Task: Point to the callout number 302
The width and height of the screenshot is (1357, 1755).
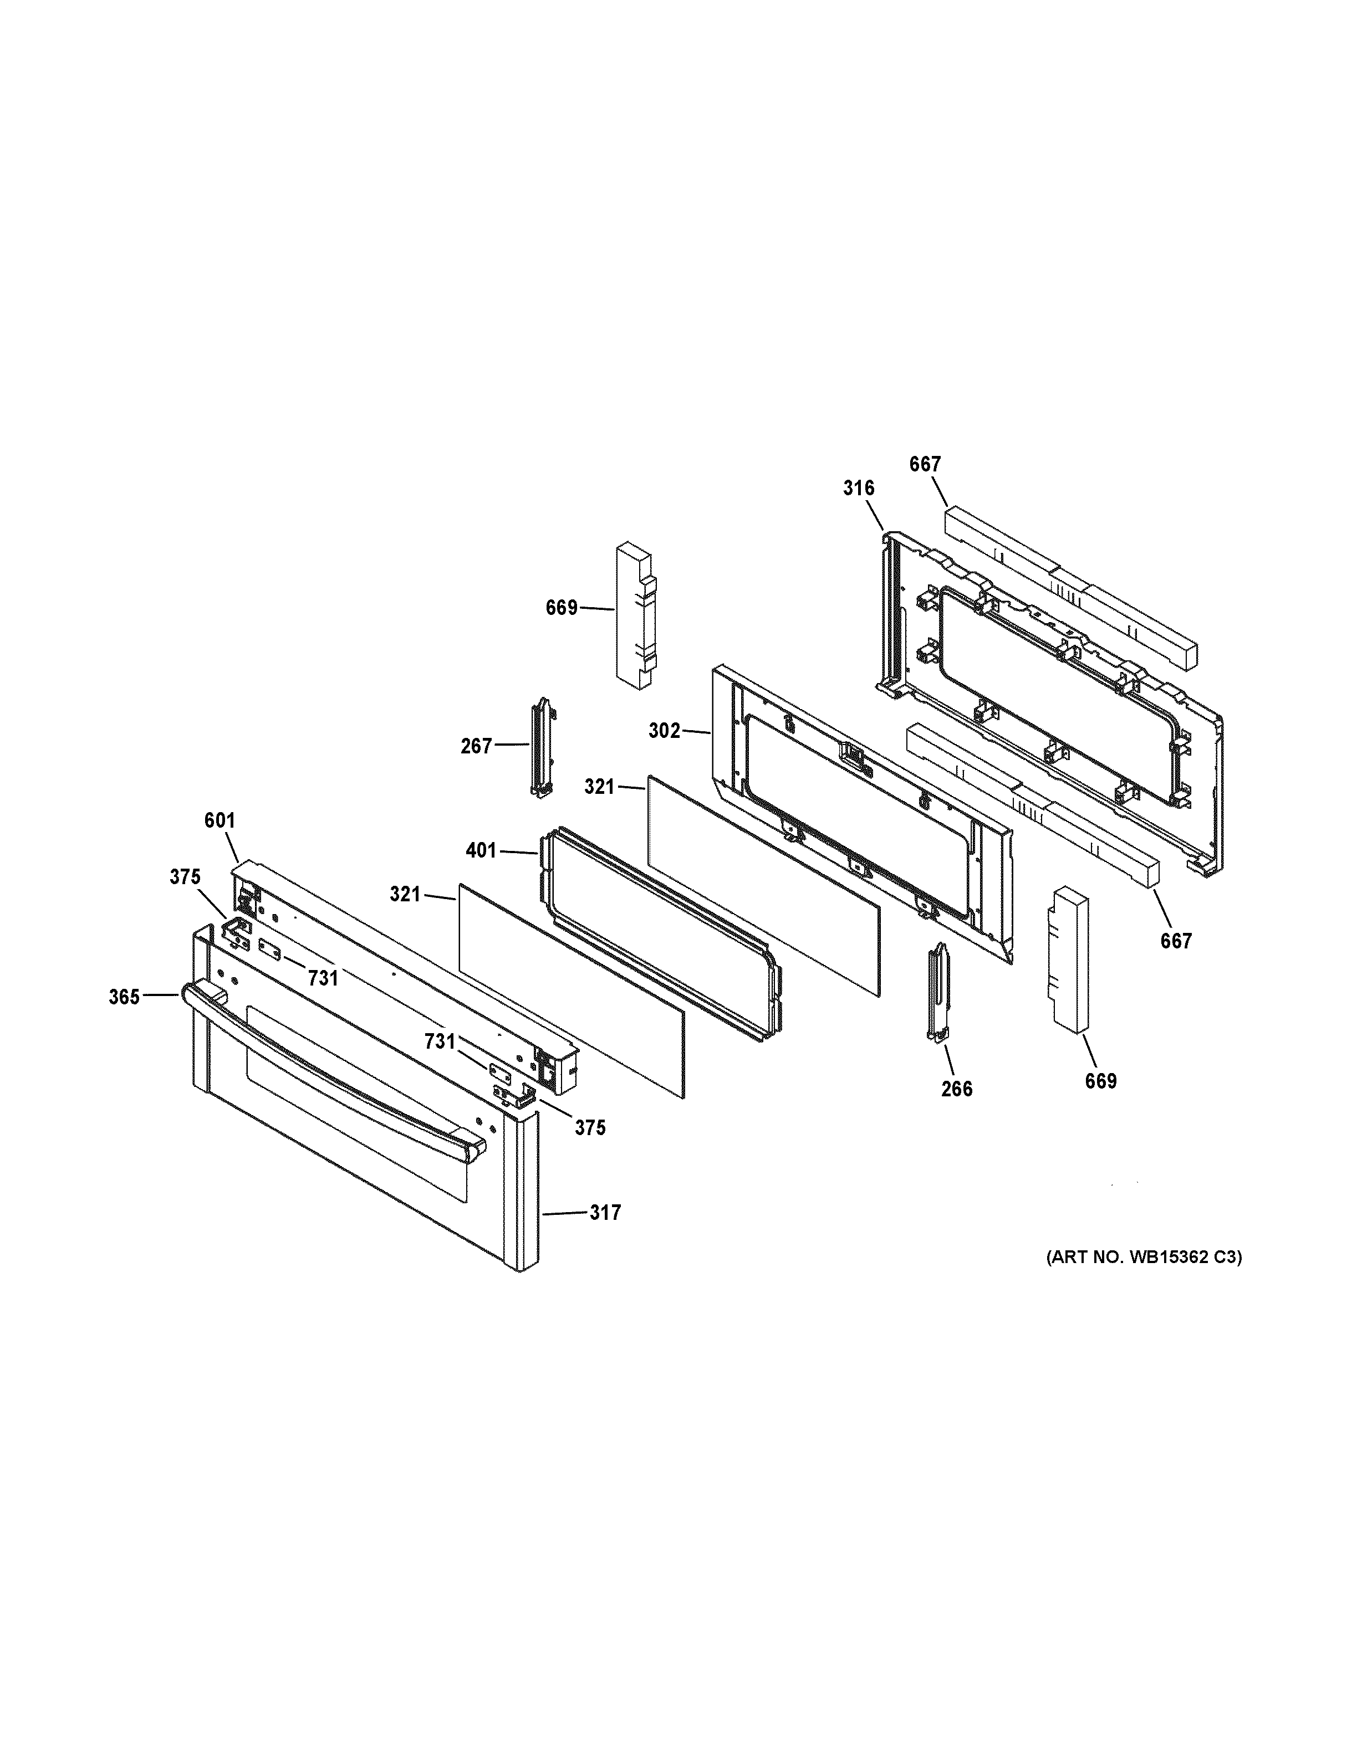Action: coord(664,731)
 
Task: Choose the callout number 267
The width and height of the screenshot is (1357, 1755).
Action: coord(476,747)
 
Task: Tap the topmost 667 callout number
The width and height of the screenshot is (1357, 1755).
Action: coord(925,464)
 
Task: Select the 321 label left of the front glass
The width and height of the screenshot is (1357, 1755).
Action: coord(405,894)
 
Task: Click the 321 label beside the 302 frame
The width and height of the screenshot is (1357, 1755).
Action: coord(599,787)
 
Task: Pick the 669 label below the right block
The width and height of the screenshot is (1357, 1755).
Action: coord(1100,1081)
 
